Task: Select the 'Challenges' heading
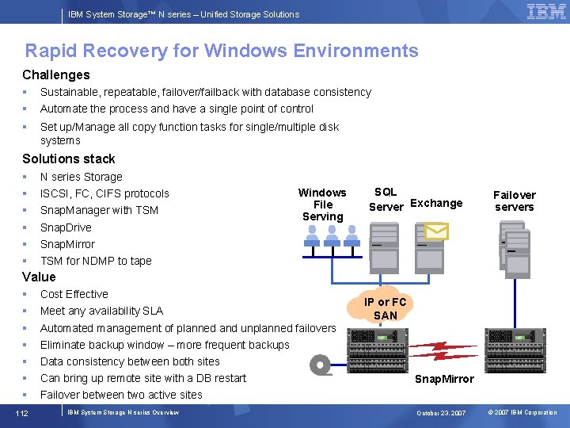(55, 75)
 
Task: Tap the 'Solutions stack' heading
(68, 159)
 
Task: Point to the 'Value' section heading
(39, 277)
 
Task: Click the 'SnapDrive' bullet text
(66, 227)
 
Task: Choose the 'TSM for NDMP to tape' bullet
(96, 261)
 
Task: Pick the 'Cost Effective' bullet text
(74, 294)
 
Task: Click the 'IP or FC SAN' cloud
(386, 308)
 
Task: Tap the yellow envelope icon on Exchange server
(436, 231)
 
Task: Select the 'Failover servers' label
(514, 201)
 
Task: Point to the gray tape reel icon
(321, 365)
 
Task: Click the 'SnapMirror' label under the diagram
(444, 379)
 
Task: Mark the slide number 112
(22, 412)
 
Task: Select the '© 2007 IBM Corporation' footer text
(522, 413)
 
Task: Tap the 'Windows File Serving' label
(322, 204)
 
